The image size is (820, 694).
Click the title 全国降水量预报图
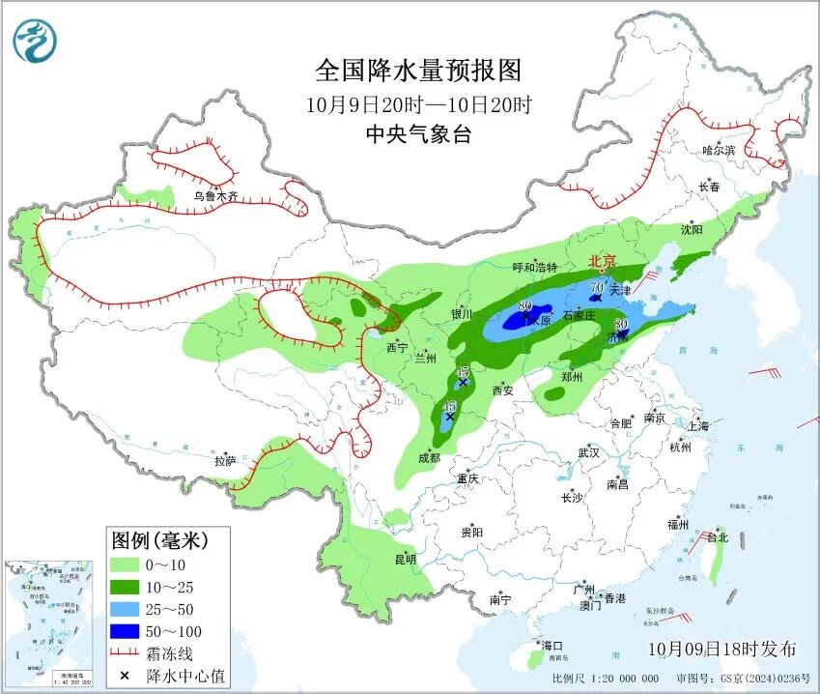[418, 71]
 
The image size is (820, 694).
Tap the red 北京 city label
[604, 261]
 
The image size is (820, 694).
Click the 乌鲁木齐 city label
[214, 196]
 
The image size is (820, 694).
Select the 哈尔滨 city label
[719, 150]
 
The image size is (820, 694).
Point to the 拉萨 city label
[225, 461]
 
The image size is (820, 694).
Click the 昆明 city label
[405, 559]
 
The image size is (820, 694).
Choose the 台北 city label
[718, 537]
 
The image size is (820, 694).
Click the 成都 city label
[429, 457]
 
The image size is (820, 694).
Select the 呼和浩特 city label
[535, 267]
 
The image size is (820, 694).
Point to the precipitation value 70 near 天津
[596, 287]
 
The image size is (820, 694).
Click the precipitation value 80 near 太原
[525, 306]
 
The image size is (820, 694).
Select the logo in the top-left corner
[35, 42]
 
